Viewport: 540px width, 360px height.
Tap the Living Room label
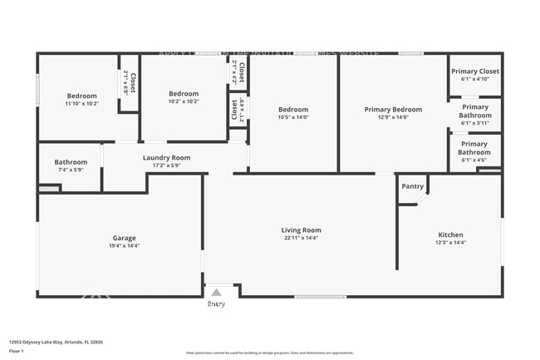point(300,230)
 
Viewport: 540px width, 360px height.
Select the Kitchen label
point(450,234)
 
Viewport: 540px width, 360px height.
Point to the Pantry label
point(412,186)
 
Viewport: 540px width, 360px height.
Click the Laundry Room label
point(166,157)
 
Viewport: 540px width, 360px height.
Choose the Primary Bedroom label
point(393,110)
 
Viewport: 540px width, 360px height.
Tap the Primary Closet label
point(475,72)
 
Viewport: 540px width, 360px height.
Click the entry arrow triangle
point(216,293)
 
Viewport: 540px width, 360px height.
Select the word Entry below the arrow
point(216,304)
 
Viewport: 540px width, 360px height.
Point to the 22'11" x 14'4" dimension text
point(300,239)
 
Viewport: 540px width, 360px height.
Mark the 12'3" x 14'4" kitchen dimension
point(450,243)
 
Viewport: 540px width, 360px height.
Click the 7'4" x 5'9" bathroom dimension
point(71,170)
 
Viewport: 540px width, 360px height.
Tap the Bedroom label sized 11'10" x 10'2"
point(81,96)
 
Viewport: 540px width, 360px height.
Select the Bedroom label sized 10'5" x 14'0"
point(293,110)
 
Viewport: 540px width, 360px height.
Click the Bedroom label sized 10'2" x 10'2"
point(184,93)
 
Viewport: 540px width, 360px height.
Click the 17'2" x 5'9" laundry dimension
point(166,165)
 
